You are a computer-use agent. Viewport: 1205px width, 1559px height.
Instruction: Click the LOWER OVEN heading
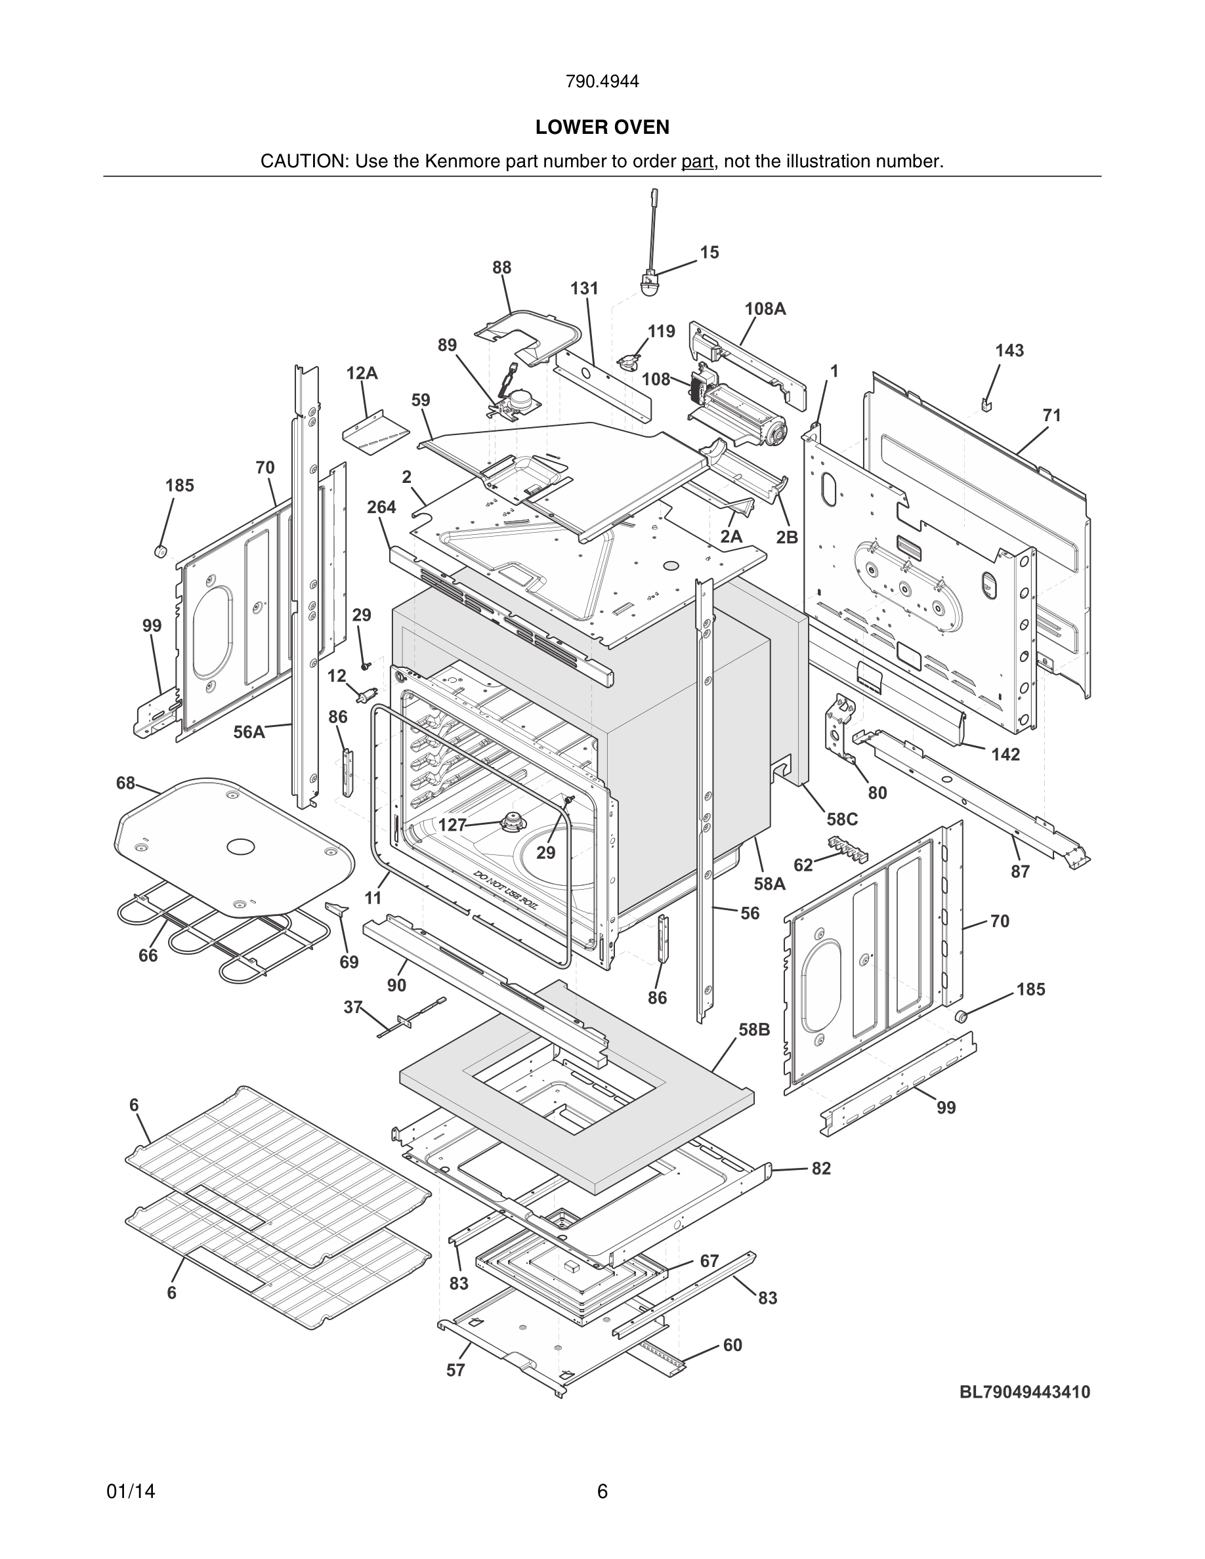tap(602, 127)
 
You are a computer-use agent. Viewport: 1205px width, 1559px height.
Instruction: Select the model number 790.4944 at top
tap(602, 81)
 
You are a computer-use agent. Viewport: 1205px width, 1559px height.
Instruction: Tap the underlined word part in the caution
tap(698, 162)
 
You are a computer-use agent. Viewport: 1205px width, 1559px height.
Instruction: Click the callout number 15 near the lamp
tap(709, 253)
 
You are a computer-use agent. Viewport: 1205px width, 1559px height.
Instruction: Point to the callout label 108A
tap(765, 309)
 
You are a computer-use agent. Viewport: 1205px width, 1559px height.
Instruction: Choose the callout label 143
tap(1009, 350)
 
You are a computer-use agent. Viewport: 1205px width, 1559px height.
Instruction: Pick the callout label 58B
tap(754, 1030)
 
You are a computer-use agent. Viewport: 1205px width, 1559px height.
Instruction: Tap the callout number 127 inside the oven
tap(452, 825)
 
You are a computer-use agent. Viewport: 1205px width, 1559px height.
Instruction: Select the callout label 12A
tap(362, 373)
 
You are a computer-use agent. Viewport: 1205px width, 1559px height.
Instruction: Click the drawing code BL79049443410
tap(1025, 1392)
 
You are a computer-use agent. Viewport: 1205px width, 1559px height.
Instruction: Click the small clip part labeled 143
tap(987, 405)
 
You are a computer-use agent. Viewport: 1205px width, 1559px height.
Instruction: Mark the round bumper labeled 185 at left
tap(161, 551)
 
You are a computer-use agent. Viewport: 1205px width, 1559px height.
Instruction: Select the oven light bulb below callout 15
tap(649, 287)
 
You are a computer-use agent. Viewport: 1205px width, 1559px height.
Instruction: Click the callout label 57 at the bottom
tap(455, 1370)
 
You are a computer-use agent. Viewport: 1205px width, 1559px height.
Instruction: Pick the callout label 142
tap(1005, 755)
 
